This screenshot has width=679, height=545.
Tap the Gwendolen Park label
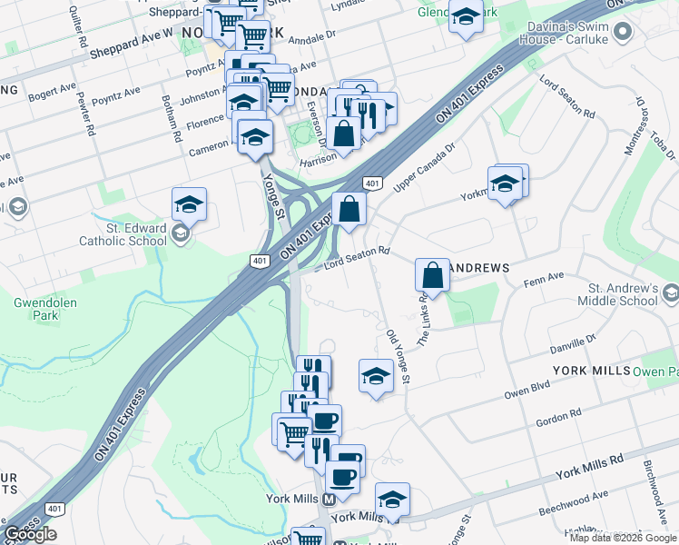(x=36, y=309)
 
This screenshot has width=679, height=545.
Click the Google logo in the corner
(x=30, y=534)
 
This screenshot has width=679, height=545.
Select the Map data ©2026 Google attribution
(x=622, y=538)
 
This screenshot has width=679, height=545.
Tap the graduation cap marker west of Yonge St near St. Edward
(x=189, y=204)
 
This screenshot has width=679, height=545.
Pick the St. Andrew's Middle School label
(x=615, y=293)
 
